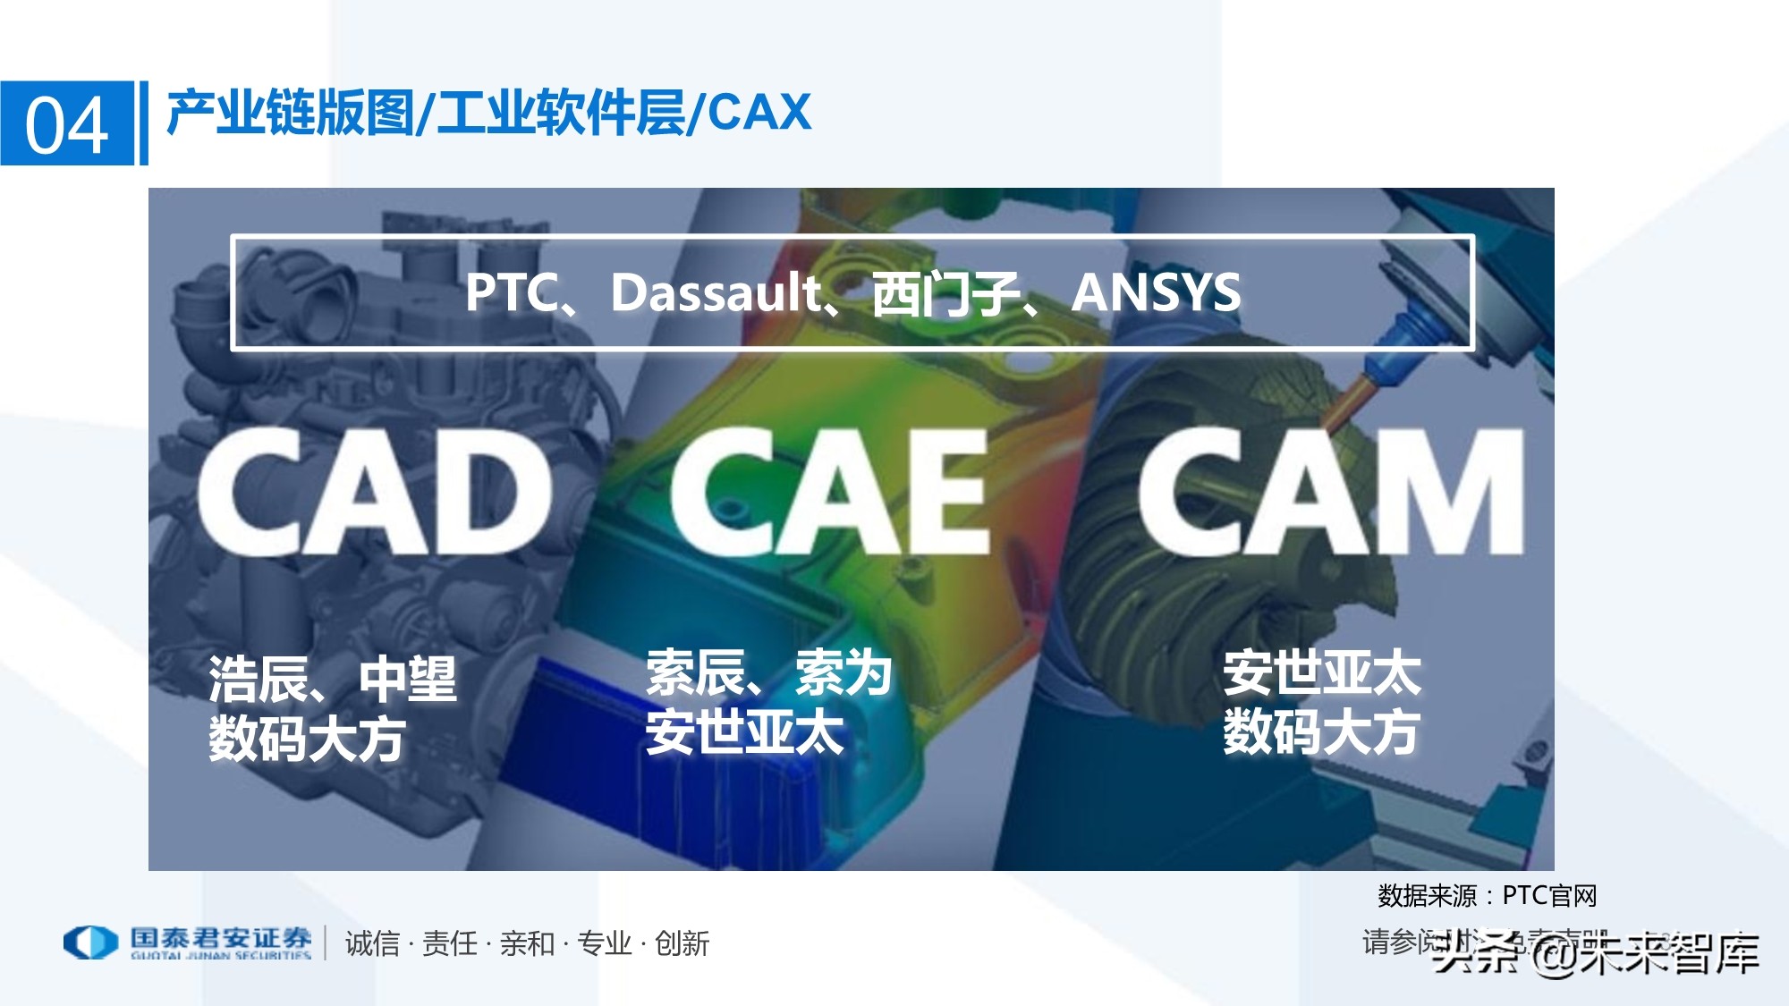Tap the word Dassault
tap(714, 292)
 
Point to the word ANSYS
tap(1156, 292)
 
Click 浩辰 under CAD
tap(259, 680)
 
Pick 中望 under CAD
tap(408, 680)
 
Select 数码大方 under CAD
tap(307, 740)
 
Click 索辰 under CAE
tap(696, 673)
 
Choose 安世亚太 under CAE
tap(744, 732)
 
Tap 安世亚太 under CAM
tap(1322, 673)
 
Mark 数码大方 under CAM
tap(1322, 732)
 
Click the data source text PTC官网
tap(1549, 895)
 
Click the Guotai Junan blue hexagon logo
tap(90, 943)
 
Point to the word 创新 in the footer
tap(682, 943)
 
